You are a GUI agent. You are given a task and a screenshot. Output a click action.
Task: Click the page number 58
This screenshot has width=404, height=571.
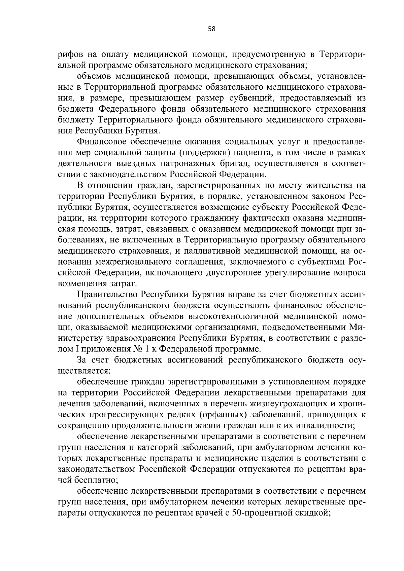(x=211, y=29)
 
